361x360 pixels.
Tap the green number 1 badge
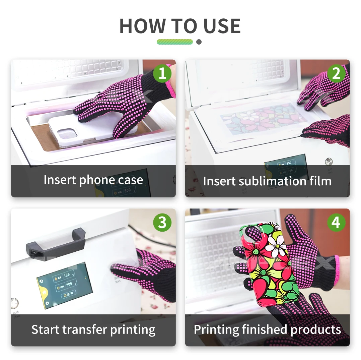pyautogui.click(x=162, y=73)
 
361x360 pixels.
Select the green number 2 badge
pyautogui.click(x=336, y=73)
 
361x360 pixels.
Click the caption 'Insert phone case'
pyautogui.click(x=93, y=180)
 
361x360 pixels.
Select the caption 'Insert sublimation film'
pyautogui.click(x=267, y=181)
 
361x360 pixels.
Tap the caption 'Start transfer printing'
pyautogui.click(x=93, y=329)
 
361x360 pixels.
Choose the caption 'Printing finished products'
pyautogui.click(x=267, y=329)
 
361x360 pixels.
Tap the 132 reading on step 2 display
pyautogui.click(x=289, y=163)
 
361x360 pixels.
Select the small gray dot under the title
pyautogui.click(x=199, y=42)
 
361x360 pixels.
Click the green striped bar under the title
pyautogui.click(x=174, y=42)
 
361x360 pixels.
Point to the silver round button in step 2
pyautogui.click(x=329, y=162)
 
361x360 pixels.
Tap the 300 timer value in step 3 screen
pyautogui.click(x=69, y=284)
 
